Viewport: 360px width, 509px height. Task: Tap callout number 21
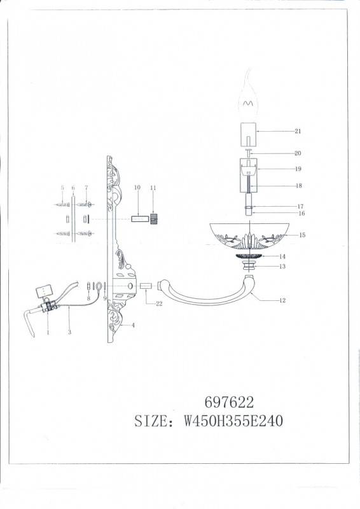(298, 132)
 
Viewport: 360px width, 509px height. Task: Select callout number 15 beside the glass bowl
(302, 235)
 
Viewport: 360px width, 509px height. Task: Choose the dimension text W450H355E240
(233, 421)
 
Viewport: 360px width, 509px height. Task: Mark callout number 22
(159, 304)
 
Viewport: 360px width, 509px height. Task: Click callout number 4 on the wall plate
(133, 325)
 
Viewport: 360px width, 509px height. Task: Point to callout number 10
(136, 188)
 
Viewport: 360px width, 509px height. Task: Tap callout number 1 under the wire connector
(48, 332)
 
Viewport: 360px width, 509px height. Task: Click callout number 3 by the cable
(69, 332)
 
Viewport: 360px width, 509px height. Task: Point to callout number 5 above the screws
(62, 188)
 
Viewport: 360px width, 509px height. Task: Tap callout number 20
(298, 153)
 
